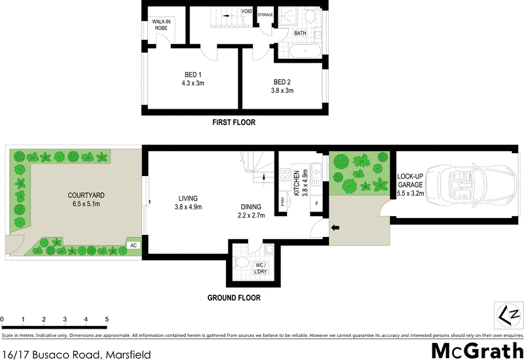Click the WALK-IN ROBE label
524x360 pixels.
point(162,25)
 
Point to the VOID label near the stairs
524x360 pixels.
point(246,11)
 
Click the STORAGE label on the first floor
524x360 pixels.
point(265,14)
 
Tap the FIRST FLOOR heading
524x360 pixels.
point(233,122)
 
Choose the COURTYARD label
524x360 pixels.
point(87,196)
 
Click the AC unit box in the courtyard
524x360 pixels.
point(133,245)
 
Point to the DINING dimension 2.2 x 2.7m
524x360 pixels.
point(251,215)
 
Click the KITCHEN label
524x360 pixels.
point(296,182)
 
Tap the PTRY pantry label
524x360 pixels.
point(283,202)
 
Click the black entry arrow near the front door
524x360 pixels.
point(335,228)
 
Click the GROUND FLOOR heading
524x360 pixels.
point(234,298)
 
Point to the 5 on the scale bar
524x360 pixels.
point(106,319)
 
